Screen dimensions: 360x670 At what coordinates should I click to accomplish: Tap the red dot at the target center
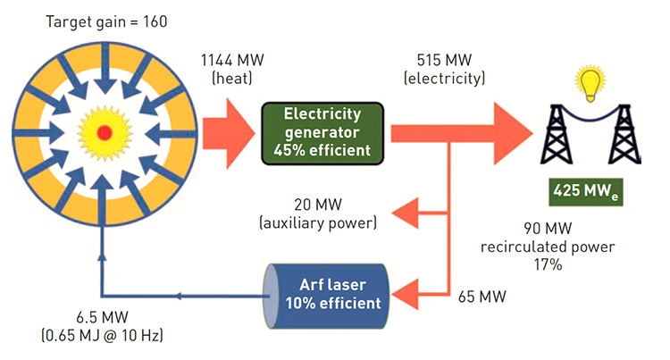pyautogui.click(x=105, y=132)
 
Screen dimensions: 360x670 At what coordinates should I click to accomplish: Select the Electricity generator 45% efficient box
pyautogui.click(x=316, y=131)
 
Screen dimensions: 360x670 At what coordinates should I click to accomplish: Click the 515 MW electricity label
pyautogui.click(x=444, y=69)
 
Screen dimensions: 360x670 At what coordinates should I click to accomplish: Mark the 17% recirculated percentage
pyautogui.click(x=549, y=264)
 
